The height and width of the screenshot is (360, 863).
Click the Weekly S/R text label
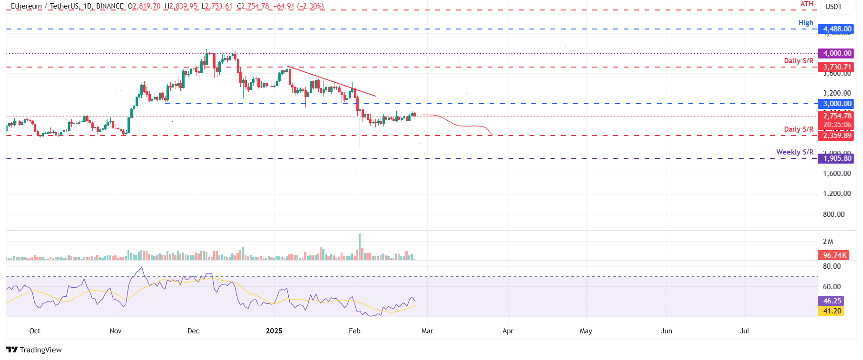click(x=794, y=152)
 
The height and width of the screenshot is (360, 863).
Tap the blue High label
click(x=805, y=23)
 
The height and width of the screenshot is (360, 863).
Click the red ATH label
click(x=807, y=4)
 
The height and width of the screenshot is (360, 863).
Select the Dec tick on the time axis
click(x=194, y=331)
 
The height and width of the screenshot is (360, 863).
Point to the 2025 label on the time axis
click(x=274, y=331)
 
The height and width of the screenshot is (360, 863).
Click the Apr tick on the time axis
click(x=508, y=331)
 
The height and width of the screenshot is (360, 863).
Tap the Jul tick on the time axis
click(x=745, y=331)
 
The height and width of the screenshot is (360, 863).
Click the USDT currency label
click(x=834, y=7)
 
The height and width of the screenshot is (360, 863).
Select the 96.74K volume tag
click(x=834, y=255)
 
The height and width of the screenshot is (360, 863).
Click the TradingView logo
click(x=34, y=350)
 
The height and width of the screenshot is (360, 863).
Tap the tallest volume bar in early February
click(x=360, y=246)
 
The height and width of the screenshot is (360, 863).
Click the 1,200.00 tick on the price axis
click(x=837, y=194)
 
